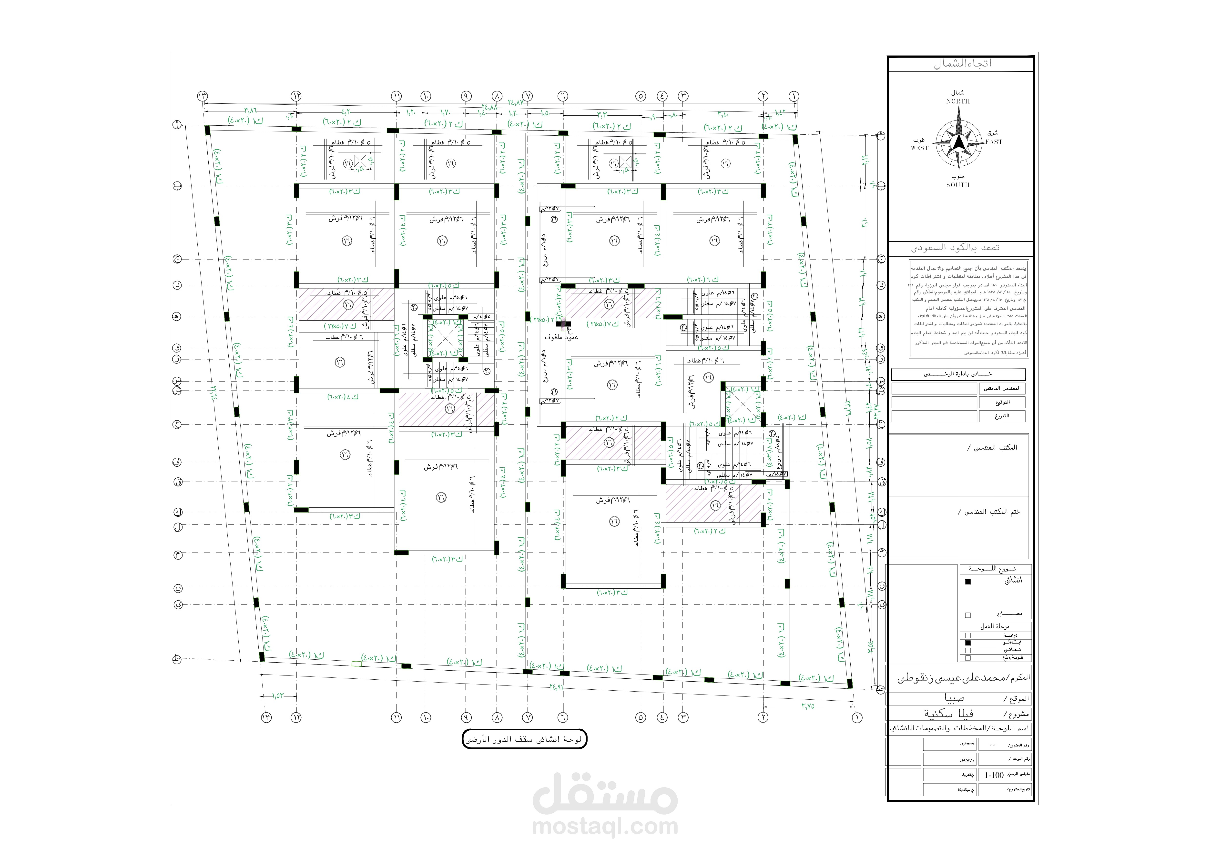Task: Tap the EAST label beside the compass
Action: click(994, 142)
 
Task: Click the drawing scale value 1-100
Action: click(994, 775)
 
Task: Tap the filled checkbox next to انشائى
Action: click(968, 582)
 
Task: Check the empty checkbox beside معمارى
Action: click(968, 615)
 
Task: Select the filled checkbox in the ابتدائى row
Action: click(968, 643)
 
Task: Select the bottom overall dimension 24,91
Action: click(556, 687)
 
